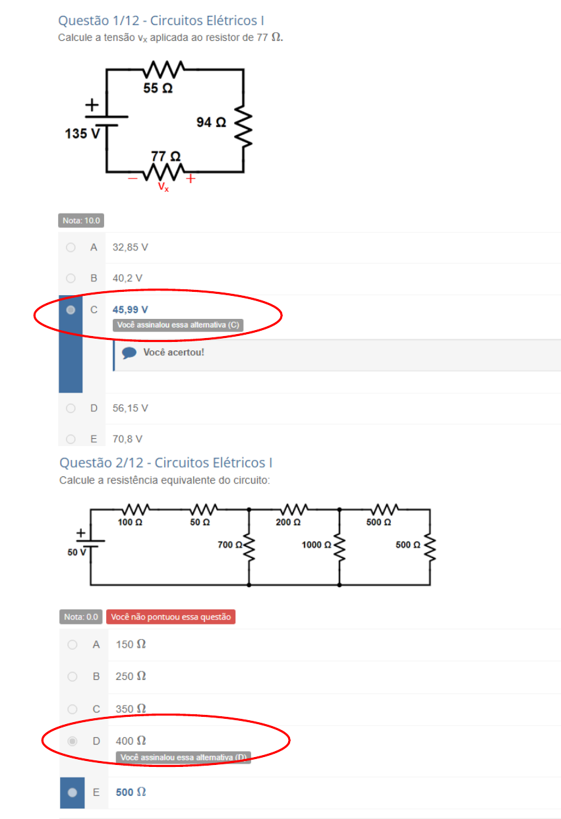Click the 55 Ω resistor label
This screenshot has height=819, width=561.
click(158, 88)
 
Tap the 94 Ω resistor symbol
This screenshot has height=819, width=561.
click(244, 128)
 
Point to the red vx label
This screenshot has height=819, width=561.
click(163, 187)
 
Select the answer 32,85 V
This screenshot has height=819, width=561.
click(131, 248)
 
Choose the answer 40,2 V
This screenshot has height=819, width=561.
click(127, 278)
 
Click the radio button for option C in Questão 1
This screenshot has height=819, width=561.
click(71, 310)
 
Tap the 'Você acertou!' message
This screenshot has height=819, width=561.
click(173, 353)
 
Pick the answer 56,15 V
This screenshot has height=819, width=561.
click(131, 409)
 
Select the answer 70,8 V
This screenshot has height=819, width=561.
click(127, 439)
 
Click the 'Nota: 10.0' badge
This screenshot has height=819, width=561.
click(81, 221)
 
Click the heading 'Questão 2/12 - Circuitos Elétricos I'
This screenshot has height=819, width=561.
click(166, 463)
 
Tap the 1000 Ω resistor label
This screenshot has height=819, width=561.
click(316, 546)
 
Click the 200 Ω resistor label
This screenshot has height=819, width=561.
click(288, 522)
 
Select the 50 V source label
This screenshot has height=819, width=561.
click(76, 552)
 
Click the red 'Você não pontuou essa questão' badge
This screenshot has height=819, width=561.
click(171, 617)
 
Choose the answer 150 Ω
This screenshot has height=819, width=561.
click(131, 644)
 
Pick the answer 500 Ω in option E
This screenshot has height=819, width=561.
click(131, 793)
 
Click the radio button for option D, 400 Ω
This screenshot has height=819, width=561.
click(73, 741)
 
